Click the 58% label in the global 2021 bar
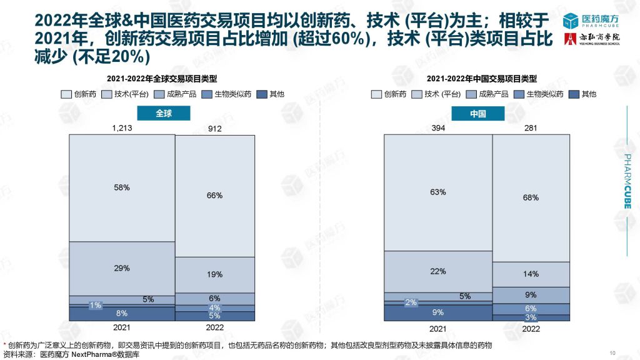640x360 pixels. coord(122,187)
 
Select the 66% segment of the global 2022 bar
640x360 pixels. coord(214,196)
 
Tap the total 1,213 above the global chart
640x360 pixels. coord(122,128)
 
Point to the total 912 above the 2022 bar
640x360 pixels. coord(214,129)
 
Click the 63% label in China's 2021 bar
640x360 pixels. coord(437,192)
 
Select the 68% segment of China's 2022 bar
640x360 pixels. coord(531,198)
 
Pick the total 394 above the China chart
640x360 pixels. coord(437,128)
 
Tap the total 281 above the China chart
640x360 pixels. coord(531,129)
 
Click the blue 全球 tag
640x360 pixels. coord(164,114)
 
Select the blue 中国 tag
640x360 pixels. coord(478,114)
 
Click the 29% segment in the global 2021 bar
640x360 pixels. coord(122,268)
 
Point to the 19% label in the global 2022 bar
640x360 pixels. coord(214,274)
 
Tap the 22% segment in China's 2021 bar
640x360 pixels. coord(437,271)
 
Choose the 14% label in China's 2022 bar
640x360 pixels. coord(531,274)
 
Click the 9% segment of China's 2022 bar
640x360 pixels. coord(531,295)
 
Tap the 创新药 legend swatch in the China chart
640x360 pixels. coord(377,94)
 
